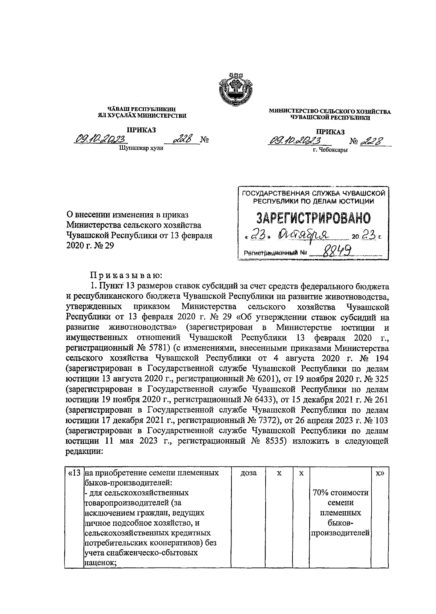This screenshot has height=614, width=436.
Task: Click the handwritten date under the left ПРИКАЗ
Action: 100,139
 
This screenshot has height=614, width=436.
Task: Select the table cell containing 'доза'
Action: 249,473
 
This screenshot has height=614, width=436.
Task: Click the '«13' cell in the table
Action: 74,473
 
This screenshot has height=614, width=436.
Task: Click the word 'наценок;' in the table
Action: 98,563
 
